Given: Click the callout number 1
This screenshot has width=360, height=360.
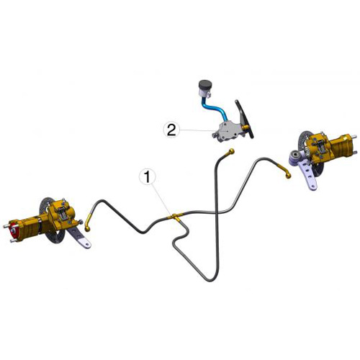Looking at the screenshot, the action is point(147,177).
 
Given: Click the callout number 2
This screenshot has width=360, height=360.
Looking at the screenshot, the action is point(171,130).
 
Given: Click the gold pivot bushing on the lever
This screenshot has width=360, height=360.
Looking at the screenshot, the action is point(245,127).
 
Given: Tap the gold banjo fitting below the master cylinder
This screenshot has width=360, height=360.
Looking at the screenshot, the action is point(230,152).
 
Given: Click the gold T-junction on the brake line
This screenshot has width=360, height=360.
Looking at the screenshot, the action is point(174,217).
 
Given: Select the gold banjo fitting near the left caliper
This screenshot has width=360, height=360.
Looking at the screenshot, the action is point(89,222).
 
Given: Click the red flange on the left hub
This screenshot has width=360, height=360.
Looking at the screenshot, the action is point(14,232).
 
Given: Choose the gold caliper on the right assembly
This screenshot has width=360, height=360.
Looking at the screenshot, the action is point(320,146).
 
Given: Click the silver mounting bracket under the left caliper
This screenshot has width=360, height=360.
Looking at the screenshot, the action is point(78,237).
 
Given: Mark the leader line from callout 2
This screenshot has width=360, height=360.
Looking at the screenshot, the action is point(197,130).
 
